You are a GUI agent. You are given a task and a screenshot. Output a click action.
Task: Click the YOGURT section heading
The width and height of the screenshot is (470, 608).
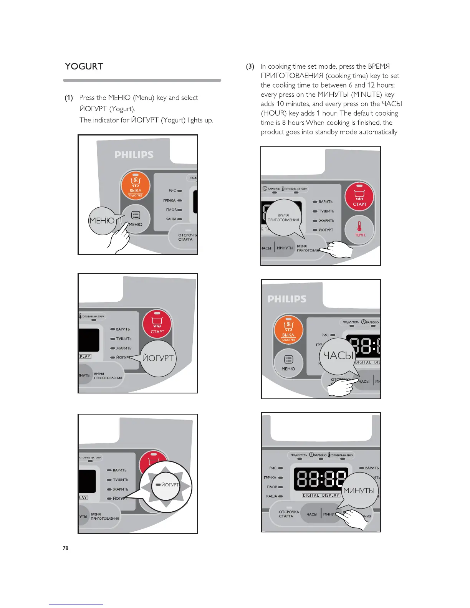[84, 66]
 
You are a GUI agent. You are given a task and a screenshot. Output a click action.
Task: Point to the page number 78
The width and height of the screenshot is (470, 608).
[66, 548]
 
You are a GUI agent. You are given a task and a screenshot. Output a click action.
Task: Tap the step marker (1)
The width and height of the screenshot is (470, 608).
[69, 98]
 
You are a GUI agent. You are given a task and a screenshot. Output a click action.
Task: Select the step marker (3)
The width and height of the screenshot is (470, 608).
[250, 66]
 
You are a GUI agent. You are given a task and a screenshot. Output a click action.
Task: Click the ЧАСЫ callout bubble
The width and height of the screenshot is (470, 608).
[338, 356]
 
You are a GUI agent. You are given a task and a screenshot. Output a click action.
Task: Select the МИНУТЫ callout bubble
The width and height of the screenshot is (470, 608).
[359, 491]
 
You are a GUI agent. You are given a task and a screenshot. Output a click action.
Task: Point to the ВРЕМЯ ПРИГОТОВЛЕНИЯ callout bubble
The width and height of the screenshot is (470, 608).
[283, 218]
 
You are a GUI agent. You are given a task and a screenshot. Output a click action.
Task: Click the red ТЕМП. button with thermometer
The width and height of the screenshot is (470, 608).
[359, 229]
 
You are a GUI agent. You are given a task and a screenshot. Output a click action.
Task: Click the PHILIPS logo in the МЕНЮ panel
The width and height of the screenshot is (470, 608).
[134, 155]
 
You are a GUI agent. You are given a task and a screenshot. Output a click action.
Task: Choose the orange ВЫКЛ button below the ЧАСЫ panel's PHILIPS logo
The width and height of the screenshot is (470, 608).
[288, 330]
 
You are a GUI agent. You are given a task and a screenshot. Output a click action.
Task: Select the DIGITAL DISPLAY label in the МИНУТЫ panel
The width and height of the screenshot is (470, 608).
[321, 495]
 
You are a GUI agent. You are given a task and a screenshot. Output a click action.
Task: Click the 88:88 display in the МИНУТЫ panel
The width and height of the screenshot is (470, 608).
[321, 479]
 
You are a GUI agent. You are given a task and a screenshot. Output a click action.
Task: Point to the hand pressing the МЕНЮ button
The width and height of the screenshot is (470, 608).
[119, 240]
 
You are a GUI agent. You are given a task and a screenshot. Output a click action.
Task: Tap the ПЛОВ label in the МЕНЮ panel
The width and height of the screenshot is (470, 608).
[171, 210]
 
